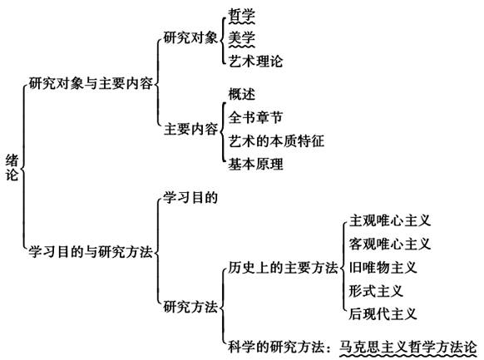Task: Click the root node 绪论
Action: pos(12,168)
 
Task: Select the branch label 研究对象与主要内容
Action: pos(91,83)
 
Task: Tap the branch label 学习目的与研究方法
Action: pos(91,252)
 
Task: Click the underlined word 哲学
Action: pos(242,15)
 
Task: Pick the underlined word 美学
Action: pos(242,38)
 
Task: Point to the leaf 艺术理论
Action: pos(255,61)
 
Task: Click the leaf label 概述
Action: pos(242,94)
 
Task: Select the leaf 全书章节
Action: pos(255,117)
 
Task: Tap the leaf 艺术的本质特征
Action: pos(276,141)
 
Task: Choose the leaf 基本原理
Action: pos(255,164)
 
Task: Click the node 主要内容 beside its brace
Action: pos(190,129)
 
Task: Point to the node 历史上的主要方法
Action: pos(283,268)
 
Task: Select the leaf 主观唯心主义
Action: pos(390,220)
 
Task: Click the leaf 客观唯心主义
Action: pos(390,244)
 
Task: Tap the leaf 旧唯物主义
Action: pos(383,267)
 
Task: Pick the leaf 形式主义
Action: pos(376,291)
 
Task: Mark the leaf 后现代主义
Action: pos(383,313)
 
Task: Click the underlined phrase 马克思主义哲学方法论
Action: pos(408,347)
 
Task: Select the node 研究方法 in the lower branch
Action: pos(190,307)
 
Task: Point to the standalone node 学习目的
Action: pos(190,197)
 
